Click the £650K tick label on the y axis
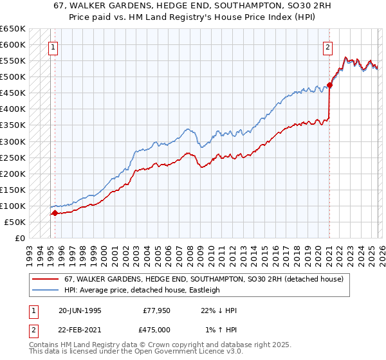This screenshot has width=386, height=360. point(13,29)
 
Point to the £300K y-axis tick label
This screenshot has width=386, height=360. point(13,141)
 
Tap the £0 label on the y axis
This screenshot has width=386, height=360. point(20,238)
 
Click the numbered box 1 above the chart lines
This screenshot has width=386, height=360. point(53,46)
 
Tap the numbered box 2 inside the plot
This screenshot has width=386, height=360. point(328,46)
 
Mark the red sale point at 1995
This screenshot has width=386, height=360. point(55,213)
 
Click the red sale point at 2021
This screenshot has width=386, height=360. point(329,85)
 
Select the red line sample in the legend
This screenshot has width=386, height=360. point(46,279)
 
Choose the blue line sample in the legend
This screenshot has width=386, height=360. point(46,290)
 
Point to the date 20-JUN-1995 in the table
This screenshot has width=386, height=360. point(80,310)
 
